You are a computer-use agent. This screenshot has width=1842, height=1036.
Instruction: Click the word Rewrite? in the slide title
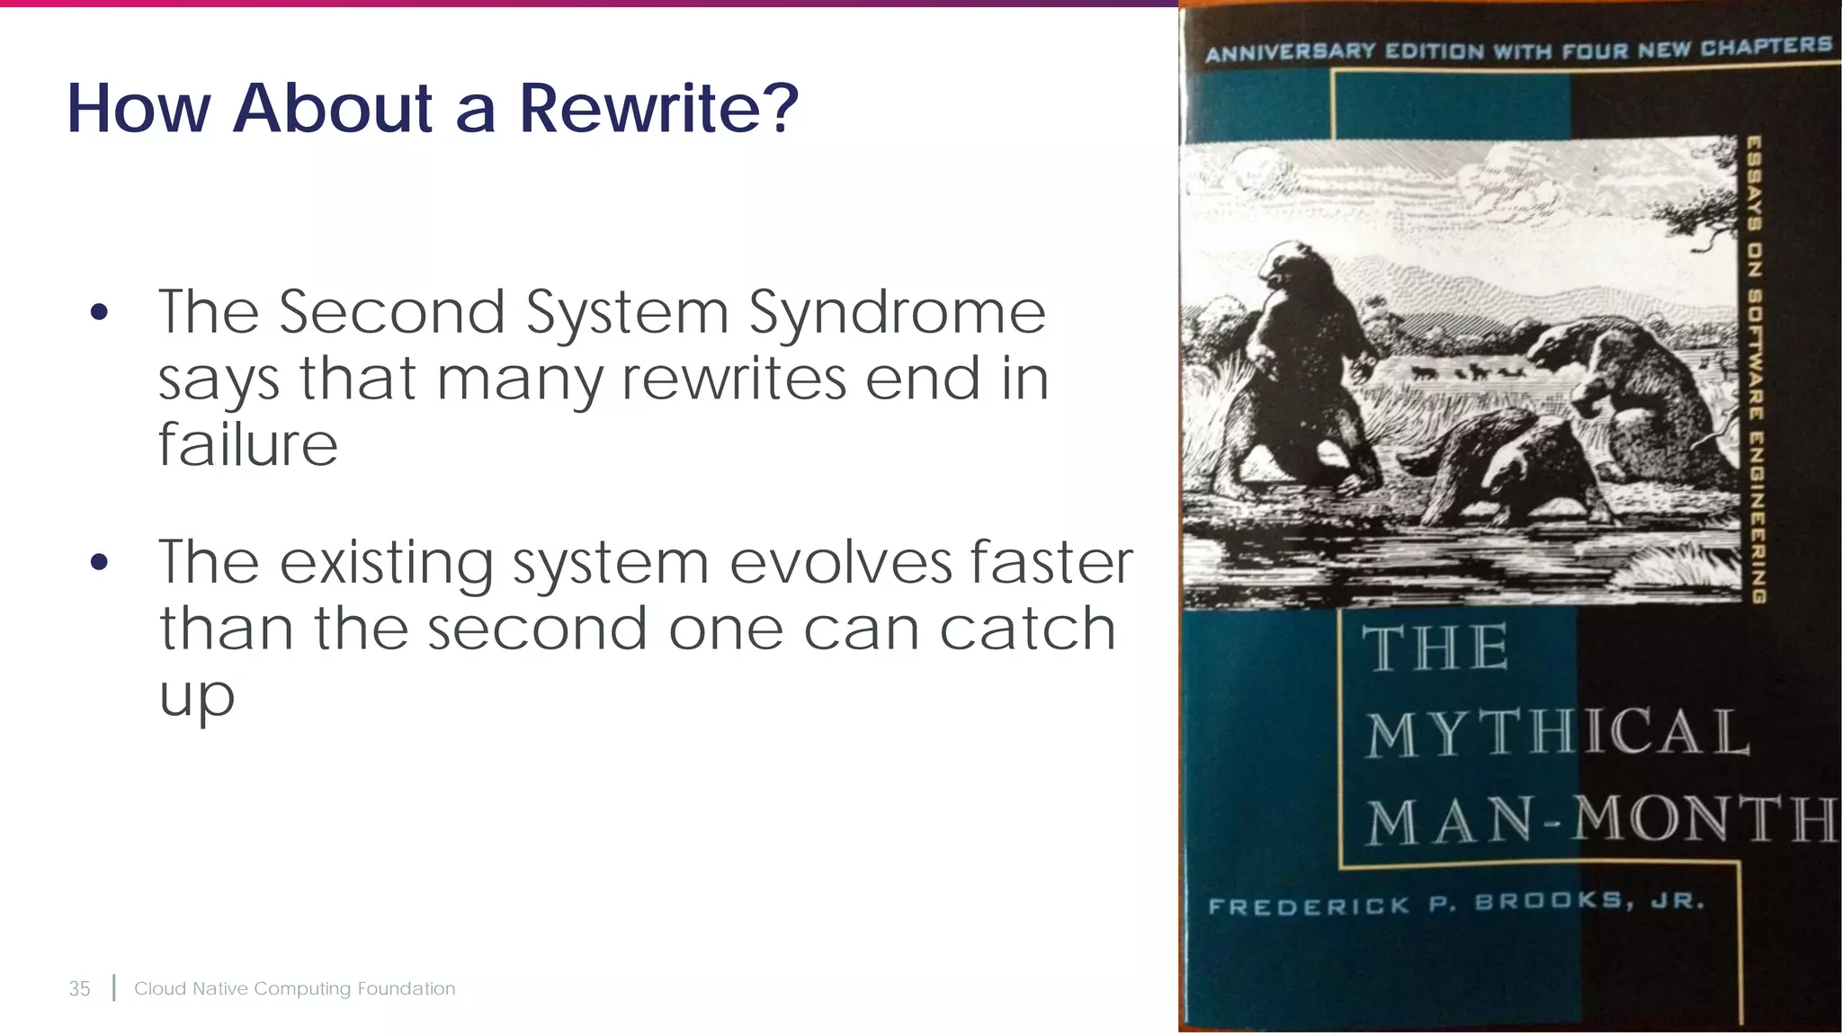pyautogui.click(x=658, y=109)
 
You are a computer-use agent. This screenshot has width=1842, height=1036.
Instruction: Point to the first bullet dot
pyautogui.click(x=99, y=313)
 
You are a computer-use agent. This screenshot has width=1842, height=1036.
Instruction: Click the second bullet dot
pyautogui.click(x=99, y=563)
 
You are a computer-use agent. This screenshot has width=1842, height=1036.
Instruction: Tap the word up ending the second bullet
pyautogui.click(x=197, y=696)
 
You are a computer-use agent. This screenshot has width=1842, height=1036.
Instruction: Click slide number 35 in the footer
pyautogui.click(x=80, y=988)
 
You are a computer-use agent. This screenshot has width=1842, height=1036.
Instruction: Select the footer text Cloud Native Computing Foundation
pyautogui.click(x=294, y=988)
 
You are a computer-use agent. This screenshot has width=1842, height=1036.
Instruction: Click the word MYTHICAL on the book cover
pyautogui.click(x=1558, y=732)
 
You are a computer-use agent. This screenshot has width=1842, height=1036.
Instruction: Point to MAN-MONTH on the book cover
pyautogui.click(x=1601, y=820)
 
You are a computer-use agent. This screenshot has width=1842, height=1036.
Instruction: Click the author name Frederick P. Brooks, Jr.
pyautogui.click(x=1456, y=903)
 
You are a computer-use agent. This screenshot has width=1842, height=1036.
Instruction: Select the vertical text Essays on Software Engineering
pyautogui.click(x=1755, y=369)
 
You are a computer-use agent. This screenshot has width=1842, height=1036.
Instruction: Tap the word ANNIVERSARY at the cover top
pyautogui.click(x=1291, y=52)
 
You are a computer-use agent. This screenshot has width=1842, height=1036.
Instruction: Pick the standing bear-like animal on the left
pyautogui.click(x=1300, y=360)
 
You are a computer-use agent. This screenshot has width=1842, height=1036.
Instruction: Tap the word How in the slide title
pyautogui.click(x=139, y=109)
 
